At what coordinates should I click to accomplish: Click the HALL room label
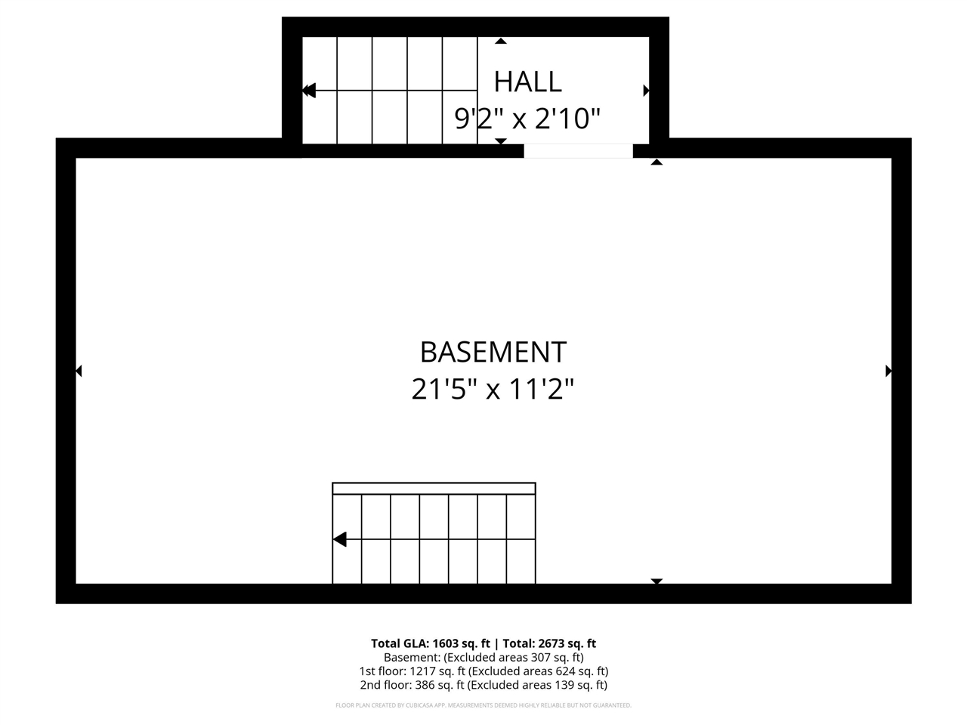click(x=527, y=82)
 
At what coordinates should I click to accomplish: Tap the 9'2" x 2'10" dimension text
click(x=527, y=119)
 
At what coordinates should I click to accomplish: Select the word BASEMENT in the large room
click(x=493, y=352)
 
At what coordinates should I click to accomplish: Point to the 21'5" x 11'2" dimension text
click(x=493, y=390)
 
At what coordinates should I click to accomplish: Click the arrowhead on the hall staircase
click(x=308, y=91)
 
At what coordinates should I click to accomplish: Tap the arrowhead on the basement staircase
click(x=340, y=539)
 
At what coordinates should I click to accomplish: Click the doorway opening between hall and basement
click(x=578, y=150)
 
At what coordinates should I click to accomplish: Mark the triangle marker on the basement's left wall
click(x=79, y=371)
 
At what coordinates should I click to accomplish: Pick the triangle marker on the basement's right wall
click(x=888, y=371)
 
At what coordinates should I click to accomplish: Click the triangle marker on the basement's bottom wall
click(x=657, y=581)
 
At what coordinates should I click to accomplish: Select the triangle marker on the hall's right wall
click(x=646, y=91)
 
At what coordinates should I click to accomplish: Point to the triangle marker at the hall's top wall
click(x=500, y=41)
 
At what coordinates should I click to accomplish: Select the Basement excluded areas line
click(x=483, y=657)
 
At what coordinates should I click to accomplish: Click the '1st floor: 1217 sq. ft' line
click(x=483, y=671)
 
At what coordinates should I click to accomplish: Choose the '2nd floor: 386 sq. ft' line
click(x=483, y=685)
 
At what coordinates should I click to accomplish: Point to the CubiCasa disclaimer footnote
click(x=483, y=705)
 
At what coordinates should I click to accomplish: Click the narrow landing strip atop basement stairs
click(x=434, y=489)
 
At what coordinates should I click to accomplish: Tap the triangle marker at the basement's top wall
click(x=657, y=162)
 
